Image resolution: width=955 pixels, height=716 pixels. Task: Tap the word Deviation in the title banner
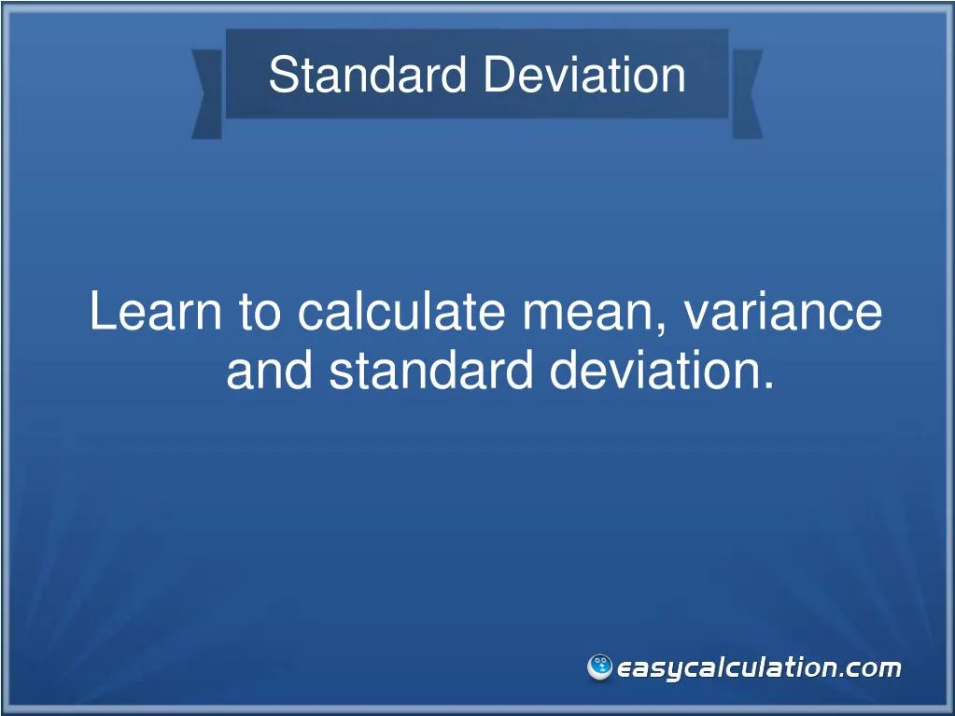coord(583,76)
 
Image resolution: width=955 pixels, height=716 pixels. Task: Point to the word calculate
coord(404,312)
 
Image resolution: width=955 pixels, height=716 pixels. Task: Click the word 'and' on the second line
coord(272,372)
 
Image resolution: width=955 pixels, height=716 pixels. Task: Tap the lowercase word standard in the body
coord(432,372)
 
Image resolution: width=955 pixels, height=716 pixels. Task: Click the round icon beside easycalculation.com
coord(599,667)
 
